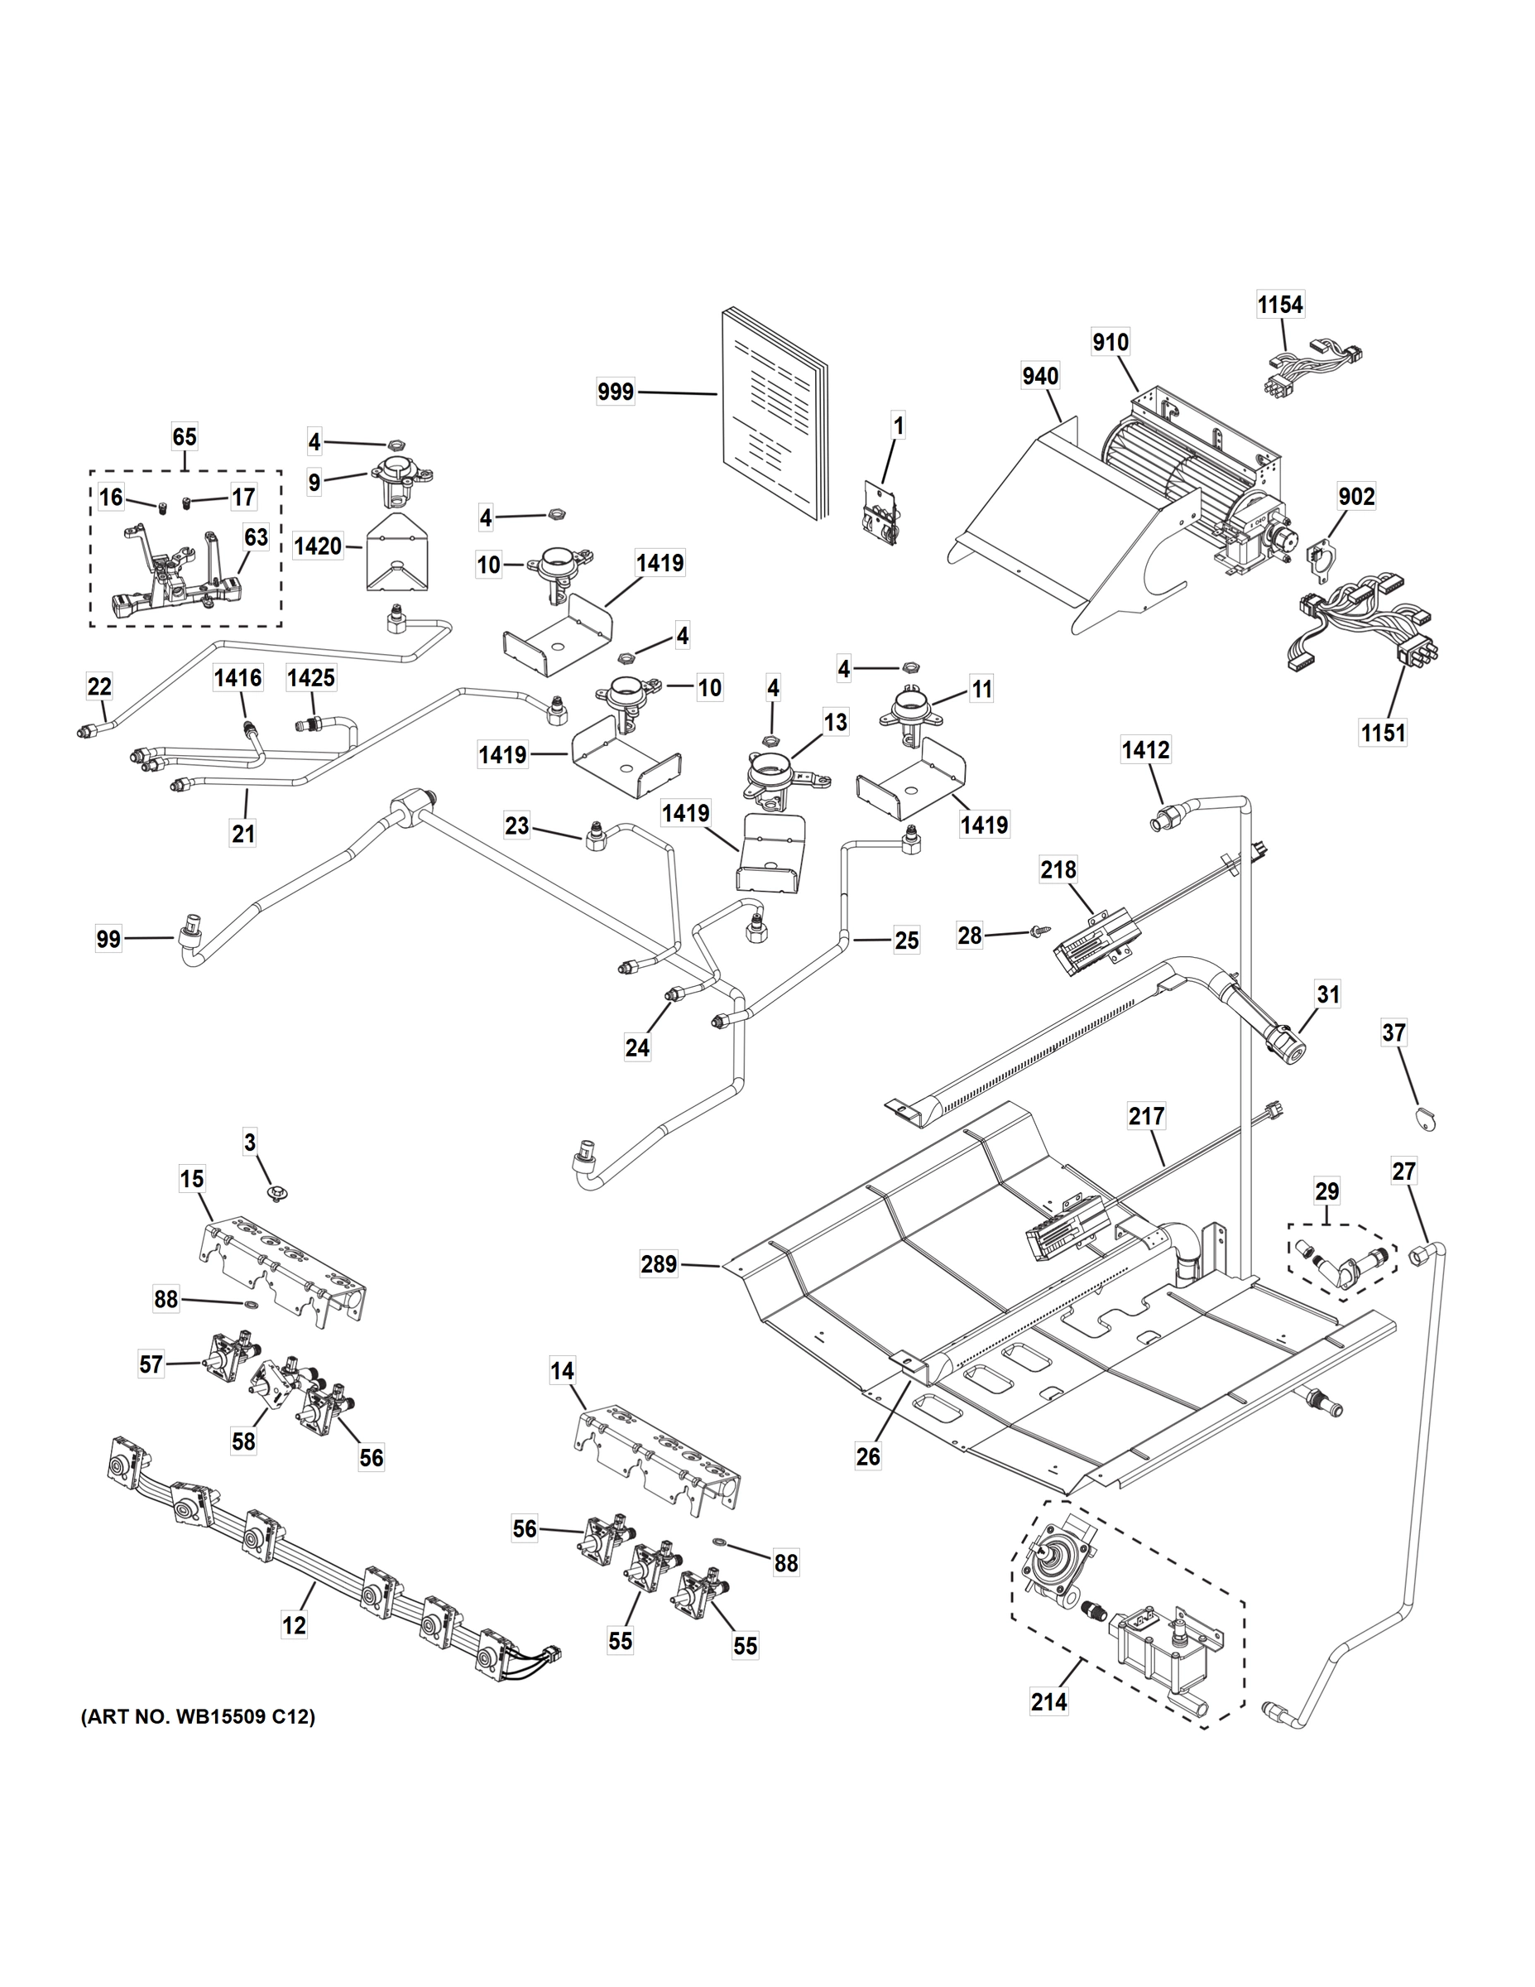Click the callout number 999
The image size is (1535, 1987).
pyautogui.click(x=616, y=393)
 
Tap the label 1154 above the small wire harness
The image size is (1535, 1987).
pyautogui.click(x=1279, y=305)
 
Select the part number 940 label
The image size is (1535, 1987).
pyautogui.click(x=1040, y=376)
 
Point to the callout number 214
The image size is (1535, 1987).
pyautogui.click(x=1048, y=1701)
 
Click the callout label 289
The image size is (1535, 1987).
pyautogui.click(x=659, y=1263)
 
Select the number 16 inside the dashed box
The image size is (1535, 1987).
pyautogui.click(x=111, y=497)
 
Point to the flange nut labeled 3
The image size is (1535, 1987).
pyautogui.click(x=272, y=1191)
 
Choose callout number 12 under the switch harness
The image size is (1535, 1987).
pyautogui.click(x=294, y=1624)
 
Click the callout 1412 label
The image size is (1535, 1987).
pyautogui.click(x=1145, y=751)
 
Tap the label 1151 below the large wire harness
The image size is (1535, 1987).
pyautogui.click(x=1382, y=732)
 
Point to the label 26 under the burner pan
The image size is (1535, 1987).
pyautogui.click(x=867, y=1456)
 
